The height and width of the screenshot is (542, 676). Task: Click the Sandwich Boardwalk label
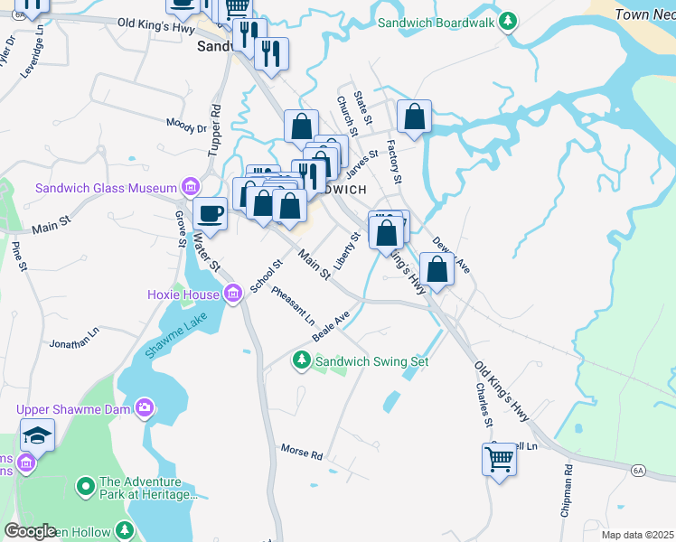[437, 22]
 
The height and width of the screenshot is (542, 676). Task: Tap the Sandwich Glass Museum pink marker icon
[190, 188]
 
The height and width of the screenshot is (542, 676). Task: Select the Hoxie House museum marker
[232, 294]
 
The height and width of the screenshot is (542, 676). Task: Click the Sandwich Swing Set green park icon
[302, 360]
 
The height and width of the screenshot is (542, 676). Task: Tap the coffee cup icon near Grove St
[210, 213]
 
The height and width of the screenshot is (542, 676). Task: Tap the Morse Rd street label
[301, 451]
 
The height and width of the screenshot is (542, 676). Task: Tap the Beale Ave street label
[331, 326]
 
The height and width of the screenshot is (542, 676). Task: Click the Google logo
[30, 531]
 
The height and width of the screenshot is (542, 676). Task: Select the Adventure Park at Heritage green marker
[86, 487]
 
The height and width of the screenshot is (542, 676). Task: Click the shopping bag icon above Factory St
[414, 116]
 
